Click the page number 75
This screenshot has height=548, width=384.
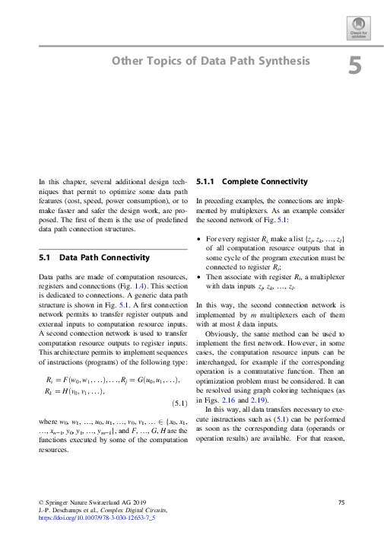[x=341, y=502]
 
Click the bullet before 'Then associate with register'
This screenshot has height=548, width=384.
[x=198, y=276]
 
